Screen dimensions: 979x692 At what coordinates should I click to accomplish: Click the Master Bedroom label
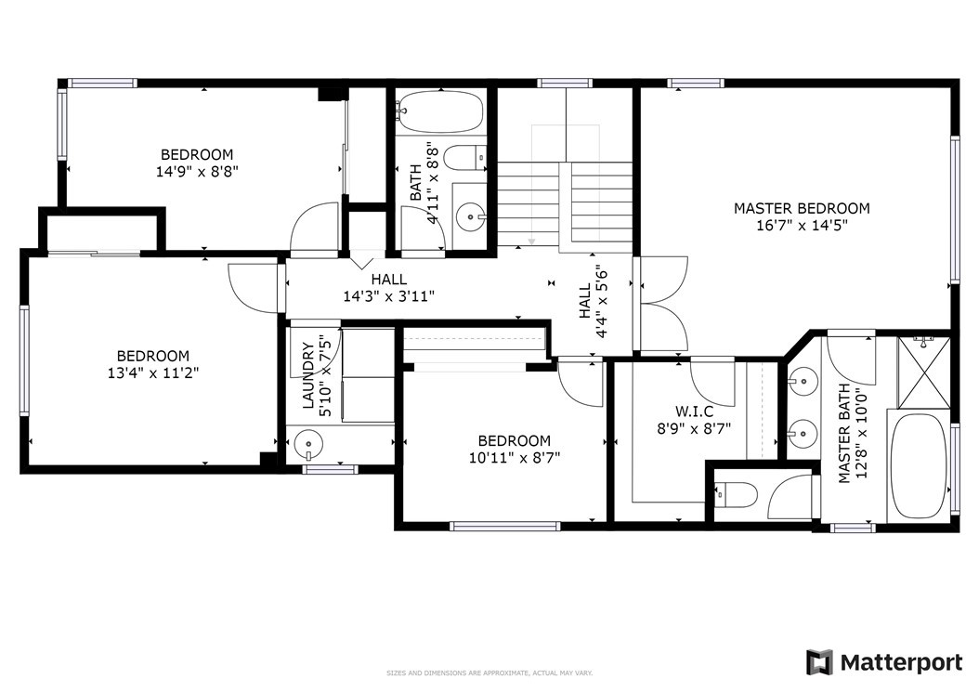pos(802,208)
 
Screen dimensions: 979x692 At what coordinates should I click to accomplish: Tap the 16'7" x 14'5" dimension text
pos(802,226)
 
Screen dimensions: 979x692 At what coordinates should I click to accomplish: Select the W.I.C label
pos(694,411)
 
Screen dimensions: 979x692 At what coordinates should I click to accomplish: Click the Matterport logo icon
pos(819,662)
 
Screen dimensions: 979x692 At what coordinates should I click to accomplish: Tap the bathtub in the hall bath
pos(441,111)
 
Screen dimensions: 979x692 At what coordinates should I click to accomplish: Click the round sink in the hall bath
pos(470,217)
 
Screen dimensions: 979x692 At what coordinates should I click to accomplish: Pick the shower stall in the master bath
pos(923,372)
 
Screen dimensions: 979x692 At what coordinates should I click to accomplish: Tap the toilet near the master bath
pos(736,495)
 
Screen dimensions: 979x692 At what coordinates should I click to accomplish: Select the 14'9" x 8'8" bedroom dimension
pos(197,171)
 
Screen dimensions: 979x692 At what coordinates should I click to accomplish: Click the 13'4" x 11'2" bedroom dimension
pos(153,372)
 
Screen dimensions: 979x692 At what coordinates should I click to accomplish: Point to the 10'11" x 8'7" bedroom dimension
pos(515,458)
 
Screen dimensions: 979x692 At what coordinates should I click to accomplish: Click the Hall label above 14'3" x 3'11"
pos(389,280)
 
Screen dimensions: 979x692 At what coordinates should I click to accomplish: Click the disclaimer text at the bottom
pos(489,672)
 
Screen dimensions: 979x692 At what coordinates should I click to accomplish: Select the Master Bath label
pos(844,433)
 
